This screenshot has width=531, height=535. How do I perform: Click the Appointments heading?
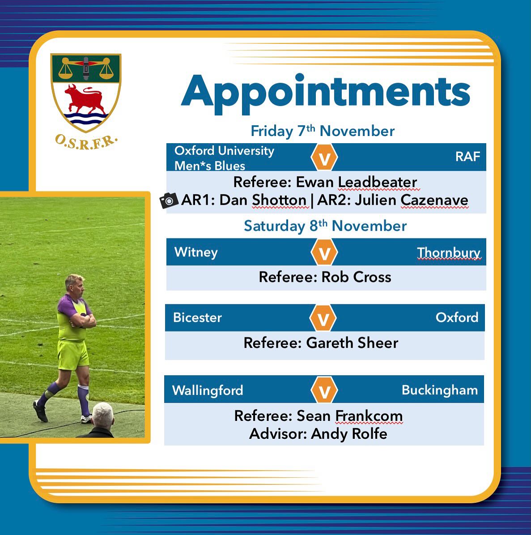tap(325, 92)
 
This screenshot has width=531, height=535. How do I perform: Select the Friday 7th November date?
tap(323, 131)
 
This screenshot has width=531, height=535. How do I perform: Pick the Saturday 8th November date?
tap(325, 226)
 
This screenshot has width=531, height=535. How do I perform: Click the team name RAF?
tap(467, 157)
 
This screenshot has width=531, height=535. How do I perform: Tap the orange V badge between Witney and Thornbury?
tap(324, 252)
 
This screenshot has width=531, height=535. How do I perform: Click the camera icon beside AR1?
tap(169, 201)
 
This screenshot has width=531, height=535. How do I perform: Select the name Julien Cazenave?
tap(412, 200)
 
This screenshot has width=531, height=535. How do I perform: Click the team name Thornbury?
tap(448, 253)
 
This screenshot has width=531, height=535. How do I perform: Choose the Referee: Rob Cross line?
tap(325, 277)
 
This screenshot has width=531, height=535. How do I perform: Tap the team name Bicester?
tap(197, 318)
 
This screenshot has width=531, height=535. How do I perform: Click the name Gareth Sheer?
tap(352, 343)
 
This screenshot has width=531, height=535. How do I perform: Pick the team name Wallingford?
tap(208, 390)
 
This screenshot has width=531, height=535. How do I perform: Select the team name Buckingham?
tap(440, 390)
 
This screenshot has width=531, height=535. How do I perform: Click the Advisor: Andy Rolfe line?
tap(318, 433)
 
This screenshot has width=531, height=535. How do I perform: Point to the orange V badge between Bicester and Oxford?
tap(323, 318)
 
